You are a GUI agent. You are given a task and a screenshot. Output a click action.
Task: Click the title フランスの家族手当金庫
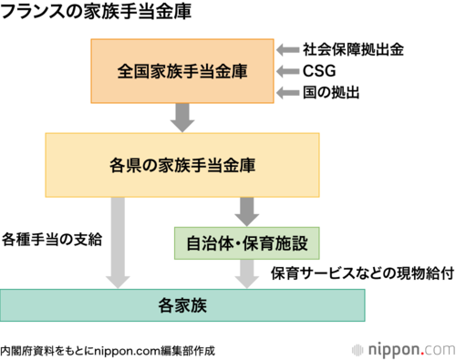[96, 11]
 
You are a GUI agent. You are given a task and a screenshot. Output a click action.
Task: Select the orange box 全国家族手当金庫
[182, 71]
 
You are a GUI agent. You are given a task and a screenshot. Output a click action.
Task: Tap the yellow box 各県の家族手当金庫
[182, 165]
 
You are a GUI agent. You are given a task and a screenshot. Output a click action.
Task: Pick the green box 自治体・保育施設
[247, 243]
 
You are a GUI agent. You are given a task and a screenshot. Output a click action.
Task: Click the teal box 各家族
[182, 305]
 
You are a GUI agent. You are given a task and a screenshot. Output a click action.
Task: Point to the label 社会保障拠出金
[353, 49]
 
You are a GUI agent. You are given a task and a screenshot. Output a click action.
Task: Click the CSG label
[319, 71]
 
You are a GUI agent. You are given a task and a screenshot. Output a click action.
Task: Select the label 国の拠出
[331, 92]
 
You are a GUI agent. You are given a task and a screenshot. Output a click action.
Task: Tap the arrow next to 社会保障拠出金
[287, 50]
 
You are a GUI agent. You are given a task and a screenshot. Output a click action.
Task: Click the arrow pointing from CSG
[287, 71]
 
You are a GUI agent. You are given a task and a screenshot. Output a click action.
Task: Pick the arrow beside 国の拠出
[287, 93]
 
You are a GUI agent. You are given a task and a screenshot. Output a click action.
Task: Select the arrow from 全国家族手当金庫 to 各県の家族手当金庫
[182, 118]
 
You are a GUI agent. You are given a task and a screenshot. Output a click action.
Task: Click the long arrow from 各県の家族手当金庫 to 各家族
[118, 242]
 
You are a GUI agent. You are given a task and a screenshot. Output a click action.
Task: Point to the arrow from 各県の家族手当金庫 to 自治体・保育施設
[247, 211]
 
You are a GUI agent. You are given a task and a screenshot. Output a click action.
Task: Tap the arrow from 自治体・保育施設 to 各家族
[247, 274]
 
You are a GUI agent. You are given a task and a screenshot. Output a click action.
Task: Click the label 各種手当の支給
[52, 240]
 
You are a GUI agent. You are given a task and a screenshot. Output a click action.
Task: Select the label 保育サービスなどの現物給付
[362, 273]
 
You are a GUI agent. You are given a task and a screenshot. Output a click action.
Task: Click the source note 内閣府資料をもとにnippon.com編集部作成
[108, 351]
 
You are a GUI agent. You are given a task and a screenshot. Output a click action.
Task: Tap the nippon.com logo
[404, 350]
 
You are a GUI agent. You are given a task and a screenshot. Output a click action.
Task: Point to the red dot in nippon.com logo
[422, 353]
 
